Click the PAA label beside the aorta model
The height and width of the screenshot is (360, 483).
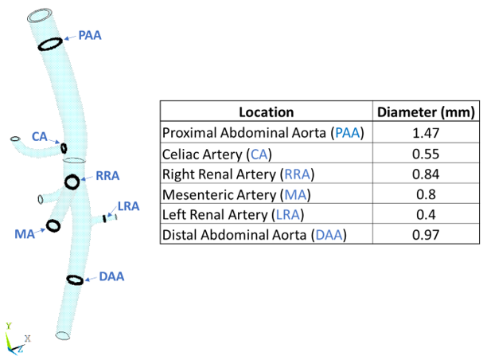(90, 35)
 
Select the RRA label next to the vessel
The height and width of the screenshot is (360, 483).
(107, 175)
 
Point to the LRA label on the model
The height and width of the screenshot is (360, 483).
(128, 206)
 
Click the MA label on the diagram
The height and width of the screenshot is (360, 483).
(24, 233)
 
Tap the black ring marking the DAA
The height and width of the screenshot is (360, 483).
(75, 280)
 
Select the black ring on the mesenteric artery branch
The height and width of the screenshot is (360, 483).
(53, 225)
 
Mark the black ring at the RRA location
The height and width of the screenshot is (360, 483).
(72, 182)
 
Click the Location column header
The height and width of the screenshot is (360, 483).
(267, 112)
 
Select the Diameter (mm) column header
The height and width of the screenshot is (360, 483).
(426, 112)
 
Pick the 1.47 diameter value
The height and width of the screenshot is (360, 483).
(426, 133)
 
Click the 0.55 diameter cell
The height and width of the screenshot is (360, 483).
(426, 153)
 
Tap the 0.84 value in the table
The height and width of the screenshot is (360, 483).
(426, 174)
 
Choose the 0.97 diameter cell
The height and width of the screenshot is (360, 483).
(426, 235)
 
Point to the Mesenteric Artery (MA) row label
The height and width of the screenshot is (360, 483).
(236, 194)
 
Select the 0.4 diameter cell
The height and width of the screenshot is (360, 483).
(426, 214)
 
